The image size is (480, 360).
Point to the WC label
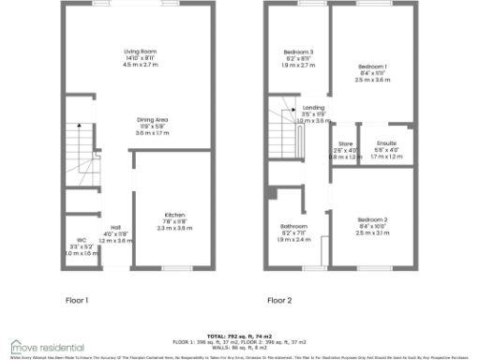click(82, 240)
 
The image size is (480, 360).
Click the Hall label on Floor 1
click(115, 228)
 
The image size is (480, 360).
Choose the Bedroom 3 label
click(298, 52)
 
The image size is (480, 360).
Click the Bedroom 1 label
click(372, 67)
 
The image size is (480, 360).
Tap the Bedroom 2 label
click(372, 219)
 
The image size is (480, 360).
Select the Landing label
click(313, 108)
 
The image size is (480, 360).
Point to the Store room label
click(346, 143)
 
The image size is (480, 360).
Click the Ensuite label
click(385, 143)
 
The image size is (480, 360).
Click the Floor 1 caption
click(77, 301)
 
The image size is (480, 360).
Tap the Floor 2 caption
click(279, 301)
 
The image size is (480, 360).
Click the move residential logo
click(47, 346)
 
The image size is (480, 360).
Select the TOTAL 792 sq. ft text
click(240, 335)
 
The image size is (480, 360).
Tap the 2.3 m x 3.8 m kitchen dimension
click(173, 228)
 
